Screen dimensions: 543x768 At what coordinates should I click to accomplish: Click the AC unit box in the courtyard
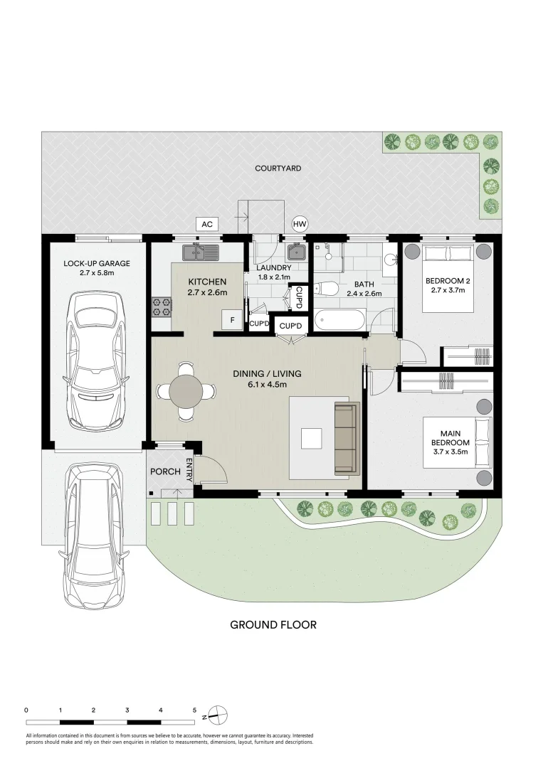(x=207, y=224)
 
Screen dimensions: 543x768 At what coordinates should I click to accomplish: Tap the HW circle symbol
(x=300, y=224)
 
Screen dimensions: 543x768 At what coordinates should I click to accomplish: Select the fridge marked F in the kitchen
(x=232, y=320)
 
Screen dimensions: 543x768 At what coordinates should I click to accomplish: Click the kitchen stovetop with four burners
(x=162, y=306)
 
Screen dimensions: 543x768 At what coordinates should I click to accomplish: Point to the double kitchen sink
(x=201, y=252)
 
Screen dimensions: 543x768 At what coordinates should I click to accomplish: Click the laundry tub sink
(x=296, y=252)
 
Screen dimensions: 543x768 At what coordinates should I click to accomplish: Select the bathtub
(x=340, y=320)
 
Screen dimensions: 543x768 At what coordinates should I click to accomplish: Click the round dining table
(x=185, y=390)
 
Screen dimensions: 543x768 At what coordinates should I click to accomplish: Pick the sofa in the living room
(x=347, y=438)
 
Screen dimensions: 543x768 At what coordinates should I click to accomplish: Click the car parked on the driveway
(x=96, y=536)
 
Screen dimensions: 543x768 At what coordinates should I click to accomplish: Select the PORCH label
(x=165, y=471)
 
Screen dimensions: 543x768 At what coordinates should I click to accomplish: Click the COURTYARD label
(x=278, y=168)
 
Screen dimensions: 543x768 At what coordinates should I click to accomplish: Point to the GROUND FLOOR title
(x=273, y=624)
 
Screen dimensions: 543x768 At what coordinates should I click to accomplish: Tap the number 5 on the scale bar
(x=194, y=710)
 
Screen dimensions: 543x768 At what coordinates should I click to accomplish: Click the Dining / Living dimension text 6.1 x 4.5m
(x=267, y=385)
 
